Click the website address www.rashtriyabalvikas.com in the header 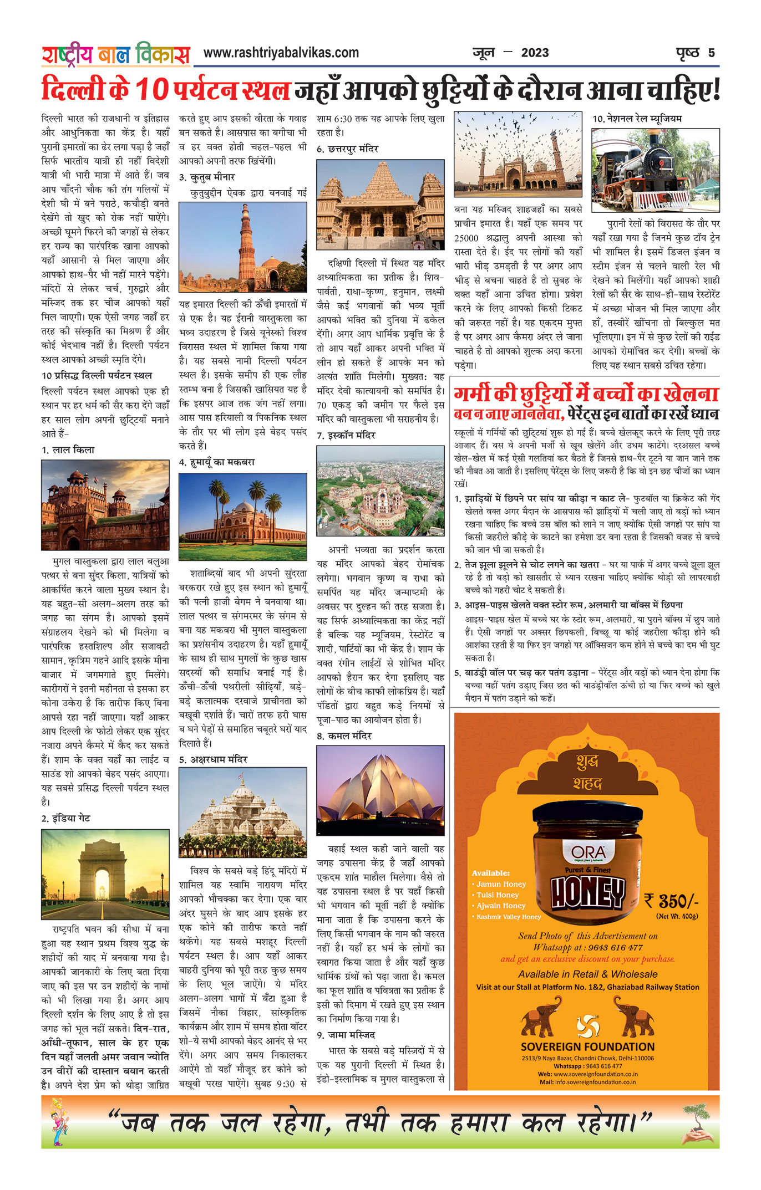[281, 53]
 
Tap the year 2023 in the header [535, 53]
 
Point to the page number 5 [711, 53]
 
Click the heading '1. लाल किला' [68, 450]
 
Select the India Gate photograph [105, 874]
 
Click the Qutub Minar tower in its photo [246, 244]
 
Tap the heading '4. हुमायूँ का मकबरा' [217, 462]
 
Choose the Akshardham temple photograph [243, 813]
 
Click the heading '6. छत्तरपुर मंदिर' [348, 149]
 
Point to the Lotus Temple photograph [380, 790]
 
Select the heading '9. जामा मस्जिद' [346, 1035]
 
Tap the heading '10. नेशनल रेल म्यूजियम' [637, 119]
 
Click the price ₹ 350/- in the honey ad [671, 900]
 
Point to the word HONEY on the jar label [587, 893]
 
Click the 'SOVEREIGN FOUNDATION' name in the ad [587, 1046]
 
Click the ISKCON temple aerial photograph [380, 491]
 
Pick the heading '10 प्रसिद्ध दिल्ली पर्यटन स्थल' [97, 376]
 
